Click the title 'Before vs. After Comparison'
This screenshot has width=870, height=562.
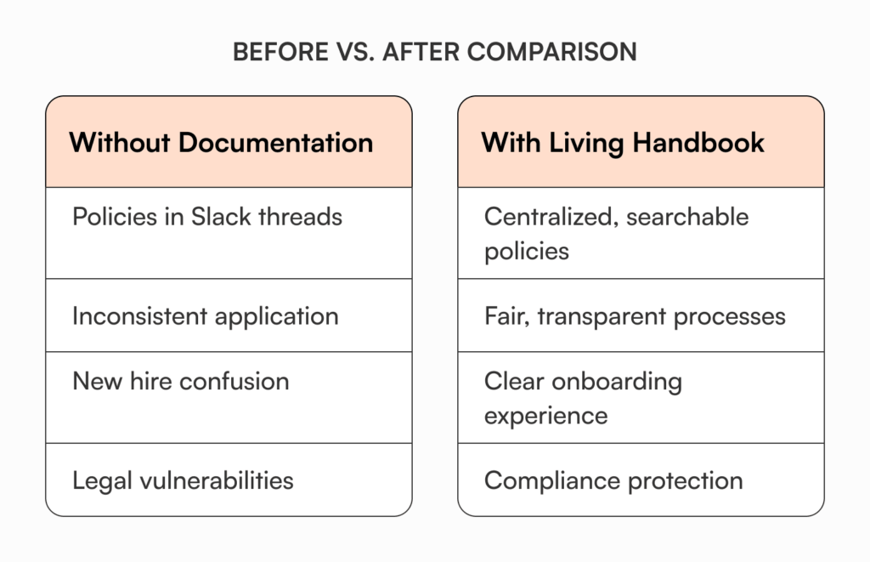coord(434,52)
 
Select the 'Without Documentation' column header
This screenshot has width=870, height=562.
coord(221,142)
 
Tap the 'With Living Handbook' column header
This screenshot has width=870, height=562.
coord(623,142)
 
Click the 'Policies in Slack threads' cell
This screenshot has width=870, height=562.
coord(207,217)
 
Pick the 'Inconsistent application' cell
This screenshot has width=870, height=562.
coord(206,316)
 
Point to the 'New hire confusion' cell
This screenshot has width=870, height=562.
coord(181,381)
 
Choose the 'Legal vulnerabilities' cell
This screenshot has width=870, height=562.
coord(183,480)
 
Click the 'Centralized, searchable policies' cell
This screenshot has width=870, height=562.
coord(616,233)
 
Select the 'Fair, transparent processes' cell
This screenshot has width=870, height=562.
coord(635,316)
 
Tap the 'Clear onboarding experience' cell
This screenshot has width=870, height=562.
coord(583,398)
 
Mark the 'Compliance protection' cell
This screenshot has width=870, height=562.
coord(613,480)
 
